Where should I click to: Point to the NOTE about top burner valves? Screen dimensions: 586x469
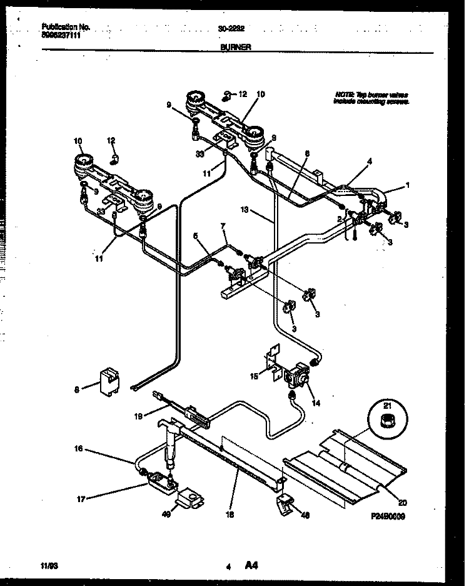tap(371, 97)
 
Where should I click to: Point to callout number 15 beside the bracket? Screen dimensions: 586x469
tap(253, 376)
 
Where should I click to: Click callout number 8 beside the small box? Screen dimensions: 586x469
tap(77, 389)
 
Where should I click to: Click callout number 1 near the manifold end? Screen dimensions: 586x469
tap(408, 186)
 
